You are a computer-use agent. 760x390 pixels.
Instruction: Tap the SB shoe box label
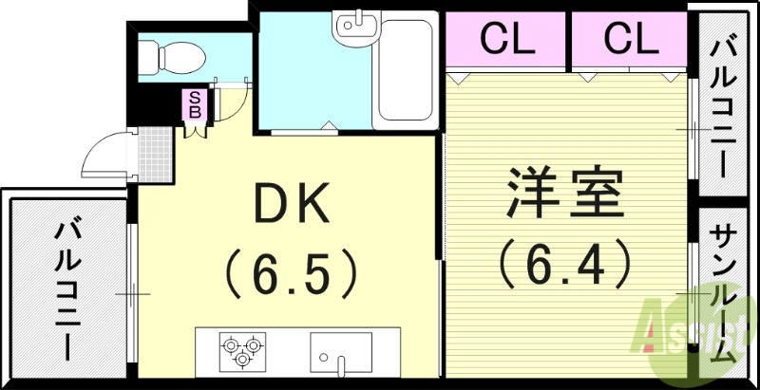pyautogui.click(x=195, y=103)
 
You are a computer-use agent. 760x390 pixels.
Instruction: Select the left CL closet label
pyautogui.click(x=506, y=39)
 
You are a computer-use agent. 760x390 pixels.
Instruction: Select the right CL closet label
pyautogui.click(x=628, y=39)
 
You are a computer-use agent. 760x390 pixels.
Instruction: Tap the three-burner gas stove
pyautogui.click(x=241, y=350)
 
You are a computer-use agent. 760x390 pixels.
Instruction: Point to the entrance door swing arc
pyautogui.click(x=103, y=157)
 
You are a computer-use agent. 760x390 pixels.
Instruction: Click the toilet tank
pyautogui.click(x=148, y=59)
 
